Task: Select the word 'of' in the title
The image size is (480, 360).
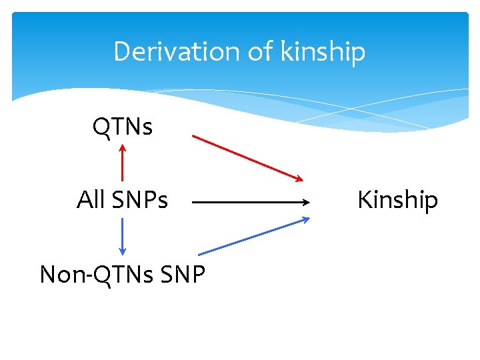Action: [258, 51]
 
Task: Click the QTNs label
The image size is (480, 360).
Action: [123, 125]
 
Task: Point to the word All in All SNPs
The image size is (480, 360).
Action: [90, 199]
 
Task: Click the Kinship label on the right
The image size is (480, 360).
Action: [397, 199]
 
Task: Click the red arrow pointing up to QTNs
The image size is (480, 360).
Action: [123, 163]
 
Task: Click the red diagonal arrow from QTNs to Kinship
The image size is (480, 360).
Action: [247, 157]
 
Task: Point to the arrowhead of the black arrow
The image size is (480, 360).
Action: [306, 201]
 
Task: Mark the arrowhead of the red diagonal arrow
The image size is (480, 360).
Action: [299, 178]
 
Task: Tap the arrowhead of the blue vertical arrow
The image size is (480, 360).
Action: [123, 250]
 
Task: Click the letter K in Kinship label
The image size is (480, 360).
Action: [364, 199]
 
